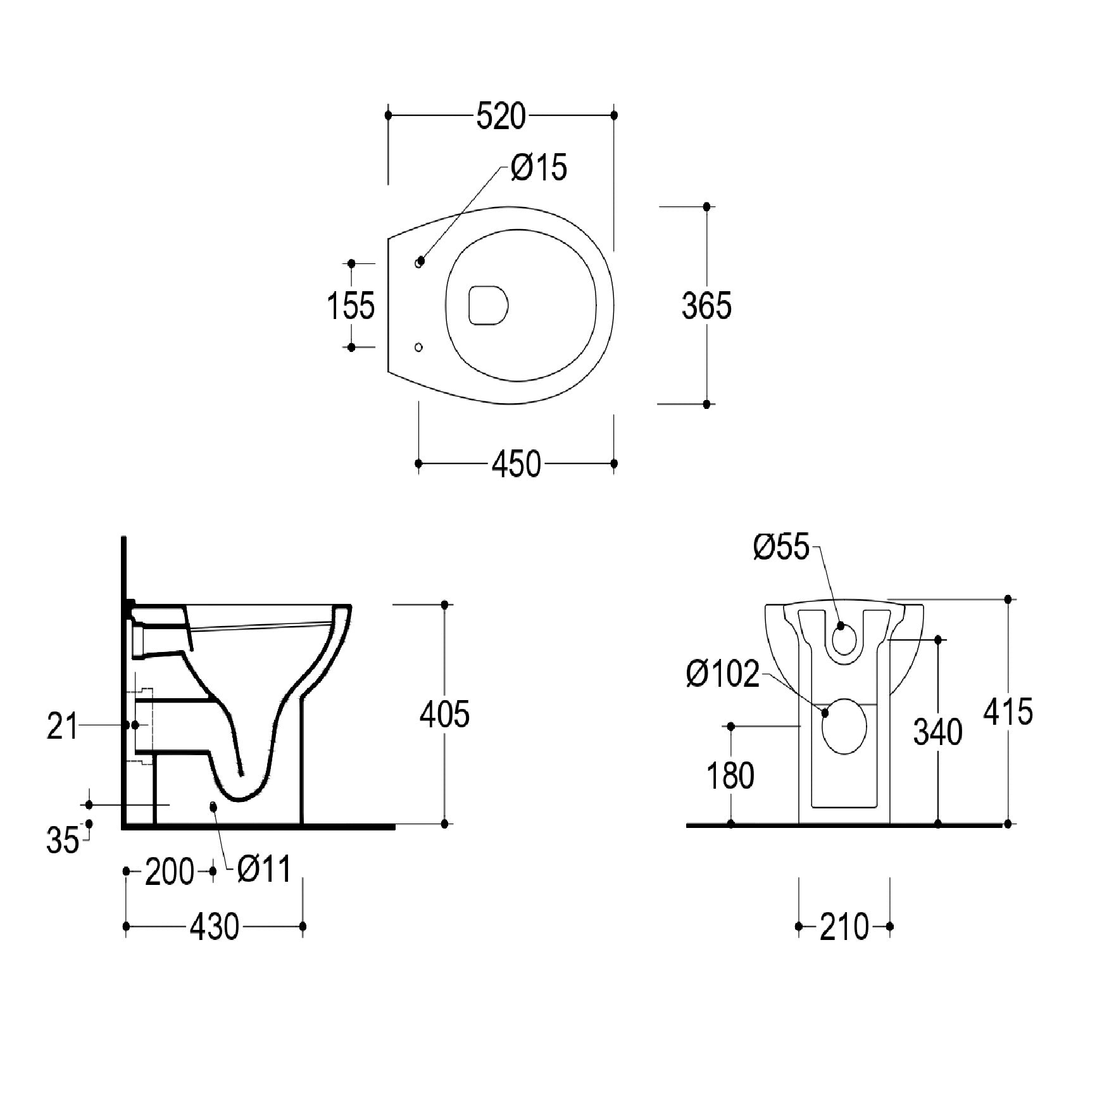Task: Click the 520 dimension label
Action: click(501, 116)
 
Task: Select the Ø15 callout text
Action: click(539, 167)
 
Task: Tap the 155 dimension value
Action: click(351, 305)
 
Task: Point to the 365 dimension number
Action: click(706, 306)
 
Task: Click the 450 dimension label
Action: click(517, 464)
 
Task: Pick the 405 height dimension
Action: click(444, 714)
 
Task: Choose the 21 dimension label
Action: click(62, 726)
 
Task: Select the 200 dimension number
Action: click(170, 872)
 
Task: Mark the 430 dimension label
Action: click(215, 927)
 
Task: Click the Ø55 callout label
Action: click(781, 547)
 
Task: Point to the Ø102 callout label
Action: click(723, 674)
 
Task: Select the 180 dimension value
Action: click(730, 775)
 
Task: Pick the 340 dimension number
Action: click(937, 732)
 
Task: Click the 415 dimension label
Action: click(1008, 711)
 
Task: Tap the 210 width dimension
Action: click(844, 927)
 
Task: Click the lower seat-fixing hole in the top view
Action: click(418, 347)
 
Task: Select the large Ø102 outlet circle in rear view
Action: click(844, 726)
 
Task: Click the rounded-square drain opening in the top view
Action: click(489, 305)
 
